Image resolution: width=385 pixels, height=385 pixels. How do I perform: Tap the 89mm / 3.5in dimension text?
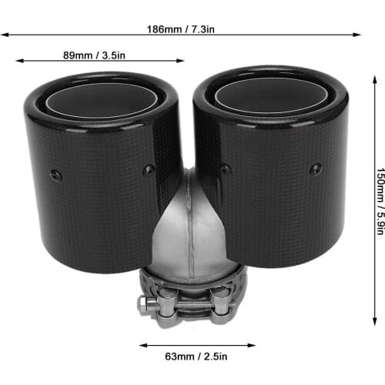tap(98, 55)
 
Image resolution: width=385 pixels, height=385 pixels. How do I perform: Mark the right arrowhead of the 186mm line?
tap(359, 35)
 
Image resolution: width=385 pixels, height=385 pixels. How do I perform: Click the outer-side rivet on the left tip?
tap(55, 175)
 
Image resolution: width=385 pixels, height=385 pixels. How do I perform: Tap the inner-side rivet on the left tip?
tap(149, 169)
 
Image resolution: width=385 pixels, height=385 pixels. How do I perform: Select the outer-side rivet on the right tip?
tap(315, 169)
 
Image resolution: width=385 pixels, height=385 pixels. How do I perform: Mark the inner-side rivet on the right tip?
tap(225, 169)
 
